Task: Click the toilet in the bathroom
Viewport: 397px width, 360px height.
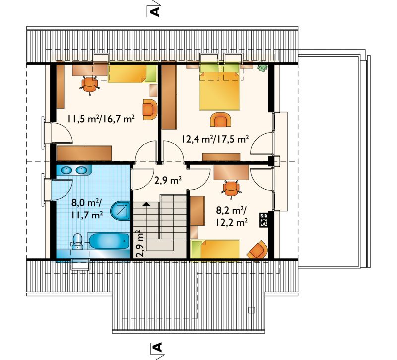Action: point(77,241)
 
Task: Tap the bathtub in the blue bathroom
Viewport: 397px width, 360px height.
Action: point(109,241)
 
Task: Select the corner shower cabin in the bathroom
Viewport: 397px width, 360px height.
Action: point(121,211)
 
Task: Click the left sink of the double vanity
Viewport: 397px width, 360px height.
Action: point(67,170)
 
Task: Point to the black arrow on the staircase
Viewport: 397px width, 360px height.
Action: point(146,204)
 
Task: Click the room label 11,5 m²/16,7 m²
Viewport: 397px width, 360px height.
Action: point(101,119)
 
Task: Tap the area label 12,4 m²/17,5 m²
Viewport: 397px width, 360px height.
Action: point(215,139)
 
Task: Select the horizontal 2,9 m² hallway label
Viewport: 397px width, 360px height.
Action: point(168,181)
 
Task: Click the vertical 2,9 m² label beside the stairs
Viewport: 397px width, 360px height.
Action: point(140,243)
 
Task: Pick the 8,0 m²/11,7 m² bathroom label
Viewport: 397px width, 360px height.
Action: point(87,209)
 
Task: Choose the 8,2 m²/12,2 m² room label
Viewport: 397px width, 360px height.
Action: point(232,216)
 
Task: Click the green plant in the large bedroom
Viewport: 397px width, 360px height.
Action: point(263,67)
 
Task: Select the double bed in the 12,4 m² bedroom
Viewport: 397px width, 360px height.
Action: point(219,90)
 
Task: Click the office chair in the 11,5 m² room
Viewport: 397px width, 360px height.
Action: point(90,84)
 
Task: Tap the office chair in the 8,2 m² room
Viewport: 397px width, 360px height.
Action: point(231,188)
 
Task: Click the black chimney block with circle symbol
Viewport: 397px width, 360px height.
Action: point(264,220)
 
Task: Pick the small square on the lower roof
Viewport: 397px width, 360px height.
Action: point(252,309)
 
